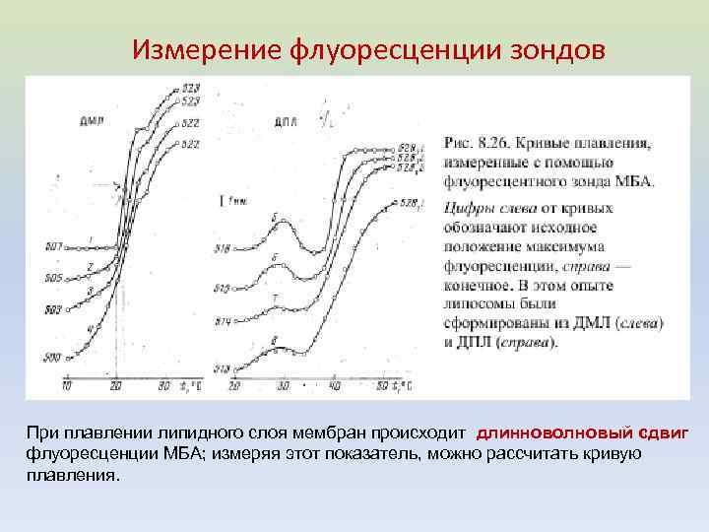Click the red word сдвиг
click(663, 433)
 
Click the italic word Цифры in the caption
click(468, 209)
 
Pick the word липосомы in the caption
click(478, 303)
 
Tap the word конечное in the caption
click(477, 285)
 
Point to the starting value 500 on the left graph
click(52, 357)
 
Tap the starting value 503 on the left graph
click(52, 310)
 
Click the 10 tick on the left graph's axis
click(67, 386)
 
